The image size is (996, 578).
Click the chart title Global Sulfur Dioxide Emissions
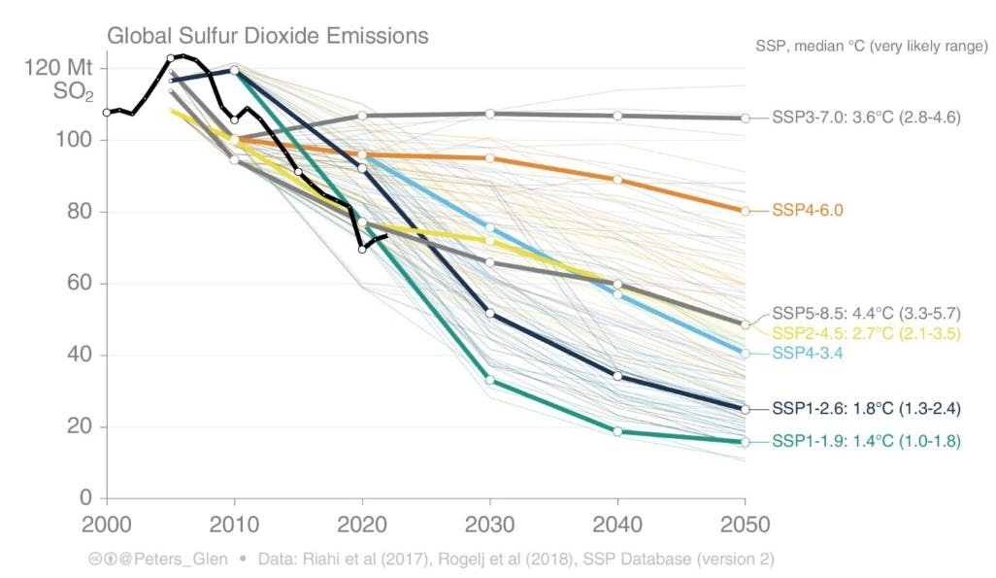point(267,37)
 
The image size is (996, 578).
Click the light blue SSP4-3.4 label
point(807,353)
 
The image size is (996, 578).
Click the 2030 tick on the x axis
point(488,525)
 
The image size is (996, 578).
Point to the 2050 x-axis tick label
point(745,525)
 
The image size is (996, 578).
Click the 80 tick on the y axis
point(80,212)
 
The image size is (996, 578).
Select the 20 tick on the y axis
point(80,426)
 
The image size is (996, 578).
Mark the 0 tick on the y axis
point(85,498)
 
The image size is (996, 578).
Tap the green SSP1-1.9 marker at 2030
point(489,380)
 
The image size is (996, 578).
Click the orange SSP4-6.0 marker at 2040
point(617,180)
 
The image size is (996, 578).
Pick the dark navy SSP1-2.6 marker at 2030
point(489,313)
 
